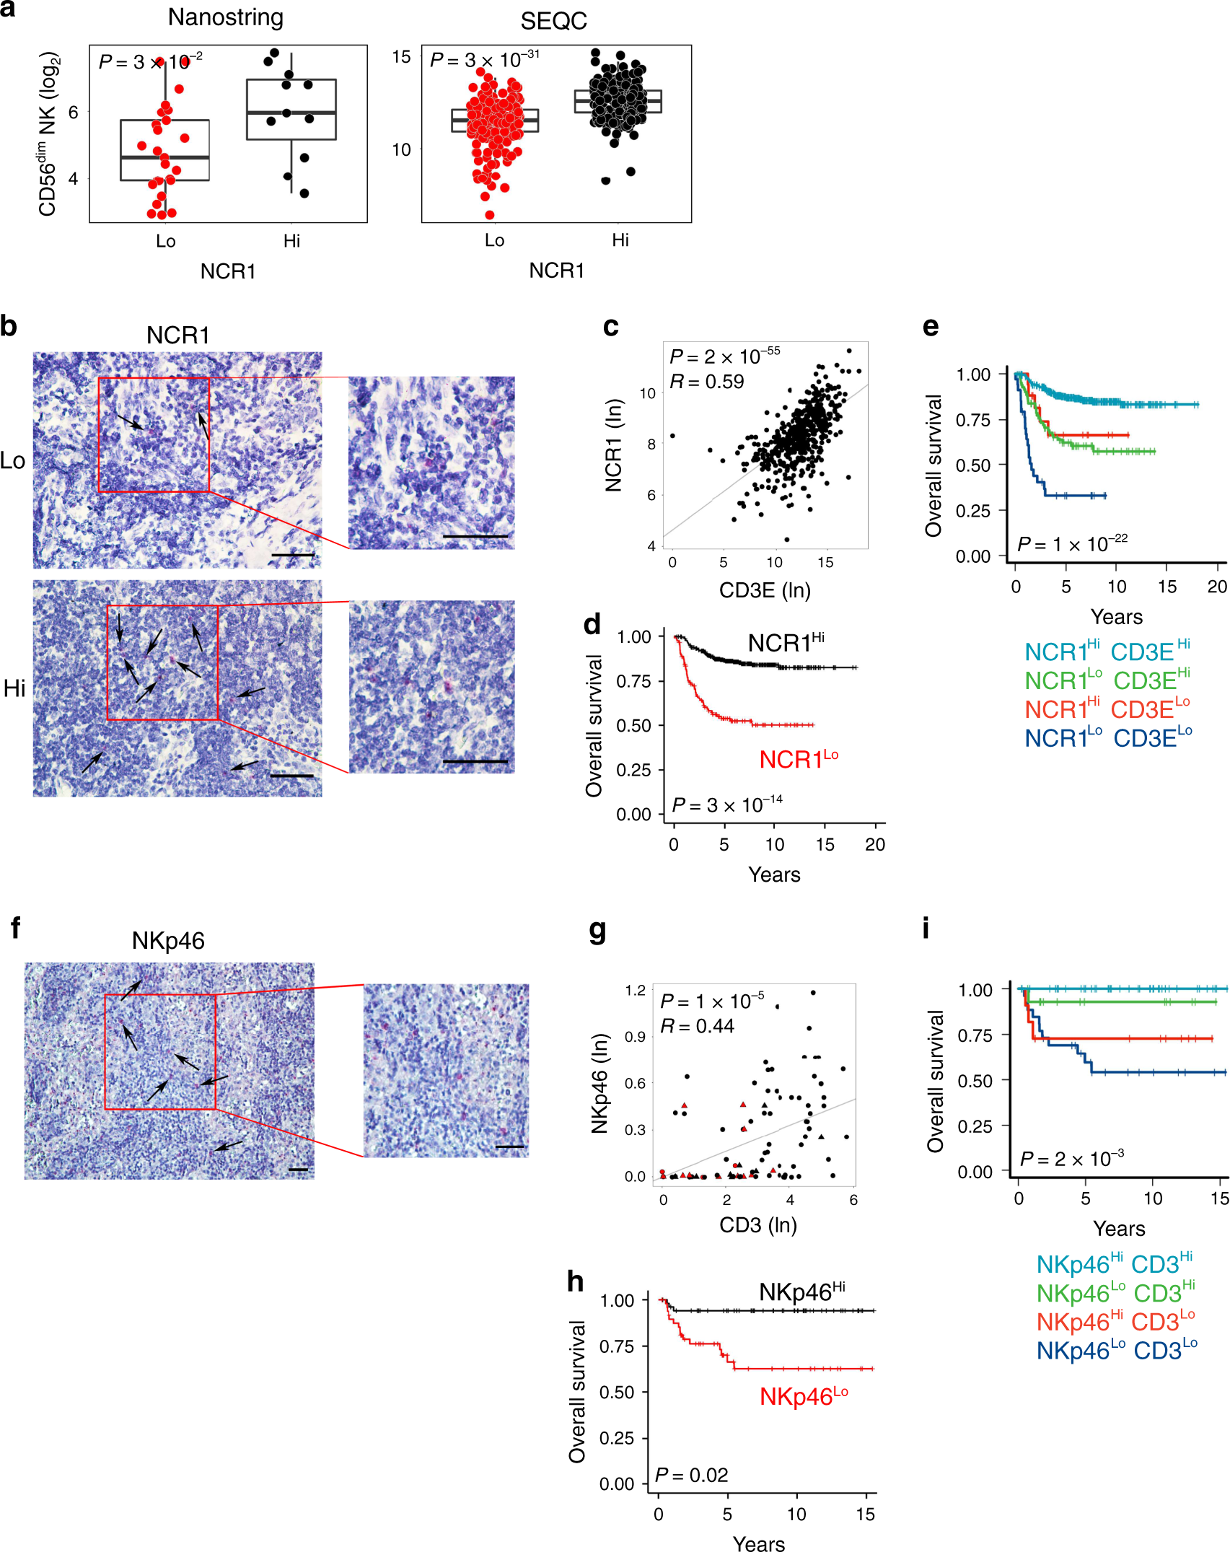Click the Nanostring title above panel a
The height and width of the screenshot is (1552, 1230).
[225, 17]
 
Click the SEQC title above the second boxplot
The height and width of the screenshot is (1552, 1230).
[553, 21]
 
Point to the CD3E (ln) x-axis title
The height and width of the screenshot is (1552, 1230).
[765, 590]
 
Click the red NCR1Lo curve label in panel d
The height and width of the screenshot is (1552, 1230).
[799, 759]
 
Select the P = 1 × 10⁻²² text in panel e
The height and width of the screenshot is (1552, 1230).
[1071, 543]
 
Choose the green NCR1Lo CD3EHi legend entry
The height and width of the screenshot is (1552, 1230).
[1107, 680]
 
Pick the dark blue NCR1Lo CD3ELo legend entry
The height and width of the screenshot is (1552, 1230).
[1108, 737]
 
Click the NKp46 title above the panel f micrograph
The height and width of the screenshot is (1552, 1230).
[168, 940]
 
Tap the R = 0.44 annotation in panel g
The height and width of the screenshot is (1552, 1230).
[697, 1026]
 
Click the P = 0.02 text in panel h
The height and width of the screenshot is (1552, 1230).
[691, 1475]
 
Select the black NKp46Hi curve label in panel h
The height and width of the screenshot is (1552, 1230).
[801, 1292]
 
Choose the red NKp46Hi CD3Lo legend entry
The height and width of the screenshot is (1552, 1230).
[1115, 1321]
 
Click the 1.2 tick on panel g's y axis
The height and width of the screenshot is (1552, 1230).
[636, 991]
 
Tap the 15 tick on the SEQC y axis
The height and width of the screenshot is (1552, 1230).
[401, 57]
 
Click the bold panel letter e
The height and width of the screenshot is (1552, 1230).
[931, 327]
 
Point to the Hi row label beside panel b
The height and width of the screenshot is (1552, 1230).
[14, 688]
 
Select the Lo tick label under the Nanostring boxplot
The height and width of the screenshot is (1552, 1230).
[166, 241]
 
